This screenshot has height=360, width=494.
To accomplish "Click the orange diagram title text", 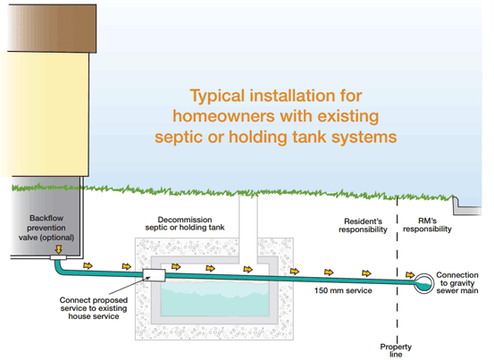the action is [x=276, y=116].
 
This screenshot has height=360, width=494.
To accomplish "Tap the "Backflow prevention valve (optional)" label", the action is [x=46, y=228].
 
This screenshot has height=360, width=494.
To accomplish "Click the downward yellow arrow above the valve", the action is [x=58, y=249].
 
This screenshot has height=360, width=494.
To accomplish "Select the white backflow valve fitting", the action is [x=58, y=258].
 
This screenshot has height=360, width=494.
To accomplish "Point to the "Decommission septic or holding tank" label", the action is [x=185, y=223].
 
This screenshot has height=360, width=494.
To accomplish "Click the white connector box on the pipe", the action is [x=154, y=275].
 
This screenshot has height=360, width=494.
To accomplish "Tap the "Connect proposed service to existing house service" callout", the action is [x=94, y=308].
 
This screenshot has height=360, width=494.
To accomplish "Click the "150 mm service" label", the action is [x=343, y=290].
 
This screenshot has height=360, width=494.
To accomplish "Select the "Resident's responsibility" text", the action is [x=363, y=225].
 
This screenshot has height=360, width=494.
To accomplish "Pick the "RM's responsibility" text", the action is [x=427, y=225].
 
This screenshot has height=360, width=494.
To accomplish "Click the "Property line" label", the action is [x=396, y=350].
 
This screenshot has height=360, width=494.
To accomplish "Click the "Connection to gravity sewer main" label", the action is [x=457, y=283].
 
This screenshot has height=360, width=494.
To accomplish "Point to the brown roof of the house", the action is [x=52, y=29].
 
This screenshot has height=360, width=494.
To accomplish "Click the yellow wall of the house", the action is [x=45, y=114].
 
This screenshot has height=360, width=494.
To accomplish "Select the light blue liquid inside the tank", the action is [x=215, y=298].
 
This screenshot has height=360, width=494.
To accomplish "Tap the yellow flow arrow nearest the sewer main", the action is [x=409, y=275].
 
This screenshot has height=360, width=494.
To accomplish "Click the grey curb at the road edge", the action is [x=467, y=206].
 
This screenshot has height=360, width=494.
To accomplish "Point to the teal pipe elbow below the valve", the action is [x=59, y=268].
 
